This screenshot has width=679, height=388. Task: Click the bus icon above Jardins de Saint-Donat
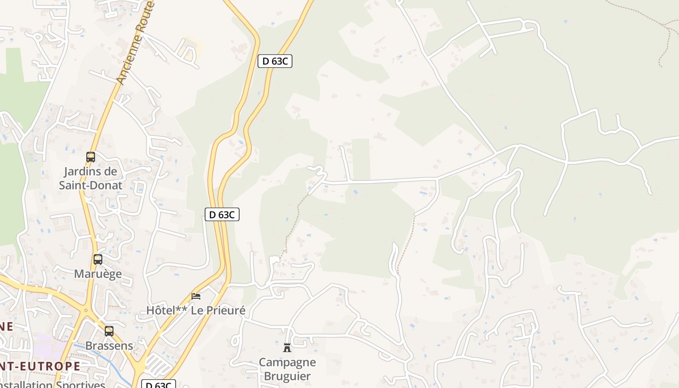(x=91, y=157)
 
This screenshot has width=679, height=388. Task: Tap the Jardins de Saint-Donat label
(x=91, y=178)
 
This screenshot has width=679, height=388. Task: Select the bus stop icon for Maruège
(x=98, y=259)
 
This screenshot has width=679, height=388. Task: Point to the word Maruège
(x=98, y=274)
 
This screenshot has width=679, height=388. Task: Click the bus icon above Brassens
(x=109, y=331)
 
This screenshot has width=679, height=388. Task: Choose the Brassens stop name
(x=109, y=345)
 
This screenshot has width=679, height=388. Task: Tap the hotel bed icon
(x=196, y=296)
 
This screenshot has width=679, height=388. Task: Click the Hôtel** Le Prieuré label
(x=196, y=310)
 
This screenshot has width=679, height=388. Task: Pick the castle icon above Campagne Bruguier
(x=287, y=347)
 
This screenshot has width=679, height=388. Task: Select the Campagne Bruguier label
(x=287, y=369)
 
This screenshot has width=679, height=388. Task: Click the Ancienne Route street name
(x=136, y=44)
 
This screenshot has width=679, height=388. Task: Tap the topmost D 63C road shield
(x=275, y=61)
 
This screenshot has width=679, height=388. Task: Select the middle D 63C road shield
(x=222, y=214)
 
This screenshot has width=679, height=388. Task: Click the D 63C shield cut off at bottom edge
(x=159, y=385)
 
